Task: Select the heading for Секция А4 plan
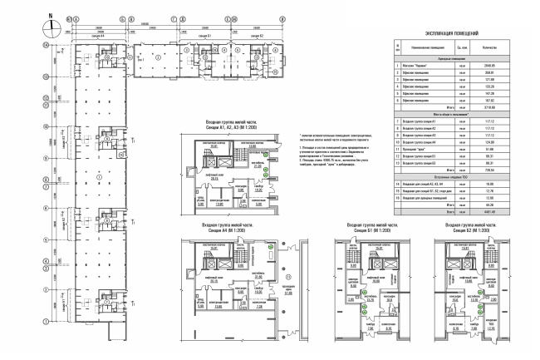223,227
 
